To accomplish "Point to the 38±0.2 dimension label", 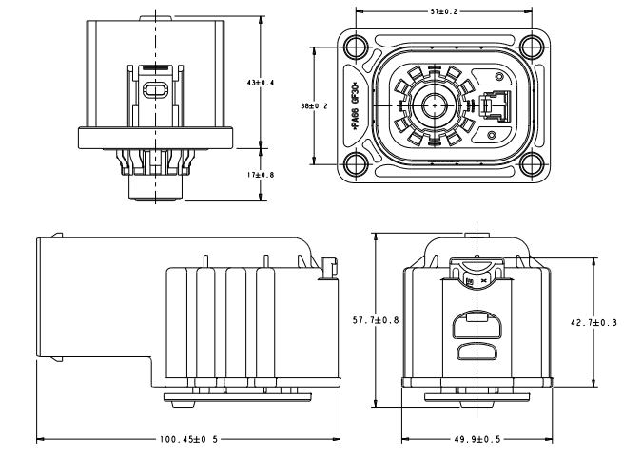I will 314,105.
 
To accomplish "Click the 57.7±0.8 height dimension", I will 373,320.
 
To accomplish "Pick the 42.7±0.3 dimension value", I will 593,323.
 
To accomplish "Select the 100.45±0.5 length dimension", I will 188,439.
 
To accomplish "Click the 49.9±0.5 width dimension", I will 476,439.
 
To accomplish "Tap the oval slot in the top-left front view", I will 154,90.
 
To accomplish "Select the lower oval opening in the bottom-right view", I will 476,351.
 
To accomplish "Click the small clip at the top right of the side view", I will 329,269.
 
